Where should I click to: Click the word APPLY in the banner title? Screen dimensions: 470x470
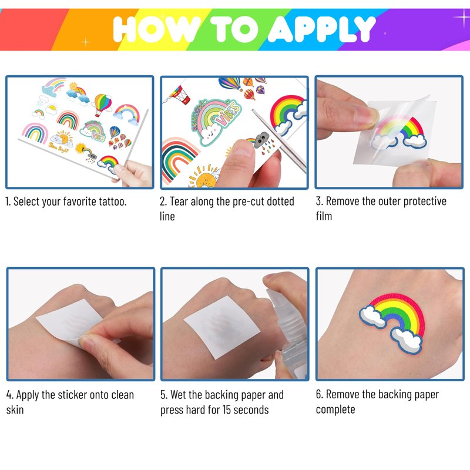[321, 29]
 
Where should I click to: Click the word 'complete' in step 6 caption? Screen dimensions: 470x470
[335, 409]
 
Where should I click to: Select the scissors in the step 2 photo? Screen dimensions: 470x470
[280, 141]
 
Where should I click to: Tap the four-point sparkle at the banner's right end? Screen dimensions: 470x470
[462, 18]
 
